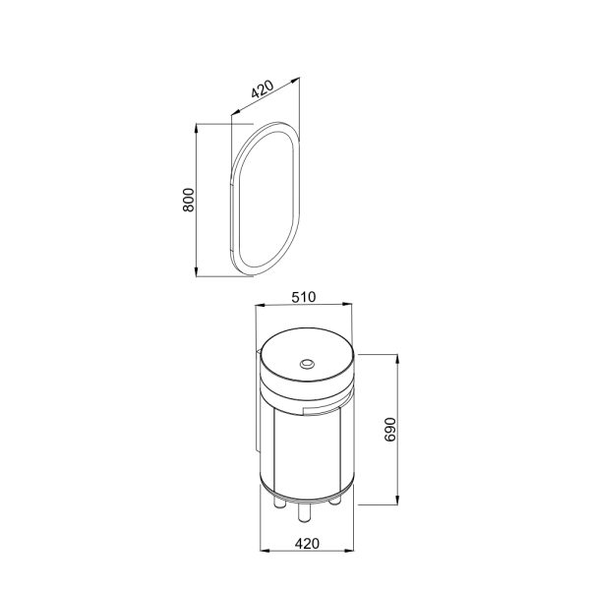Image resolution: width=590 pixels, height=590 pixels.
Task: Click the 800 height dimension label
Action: coord(189,200)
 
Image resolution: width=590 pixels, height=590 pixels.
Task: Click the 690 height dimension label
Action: coord(390,430)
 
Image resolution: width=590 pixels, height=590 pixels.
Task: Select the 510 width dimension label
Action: coord(304,297)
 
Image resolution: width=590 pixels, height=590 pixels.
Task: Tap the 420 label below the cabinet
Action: coord(307,544)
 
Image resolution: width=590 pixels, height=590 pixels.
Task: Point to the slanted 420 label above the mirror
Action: coord(263,88)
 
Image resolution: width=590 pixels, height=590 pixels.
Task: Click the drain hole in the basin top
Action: coord(307,364)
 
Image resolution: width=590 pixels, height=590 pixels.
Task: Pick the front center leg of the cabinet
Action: coord(304,513)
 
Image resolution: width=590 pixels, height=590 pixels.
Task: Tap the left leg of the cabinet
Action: coord(280,503)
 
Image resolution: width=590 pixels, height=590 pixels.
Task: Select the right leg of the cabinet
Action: coord(334,501)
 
